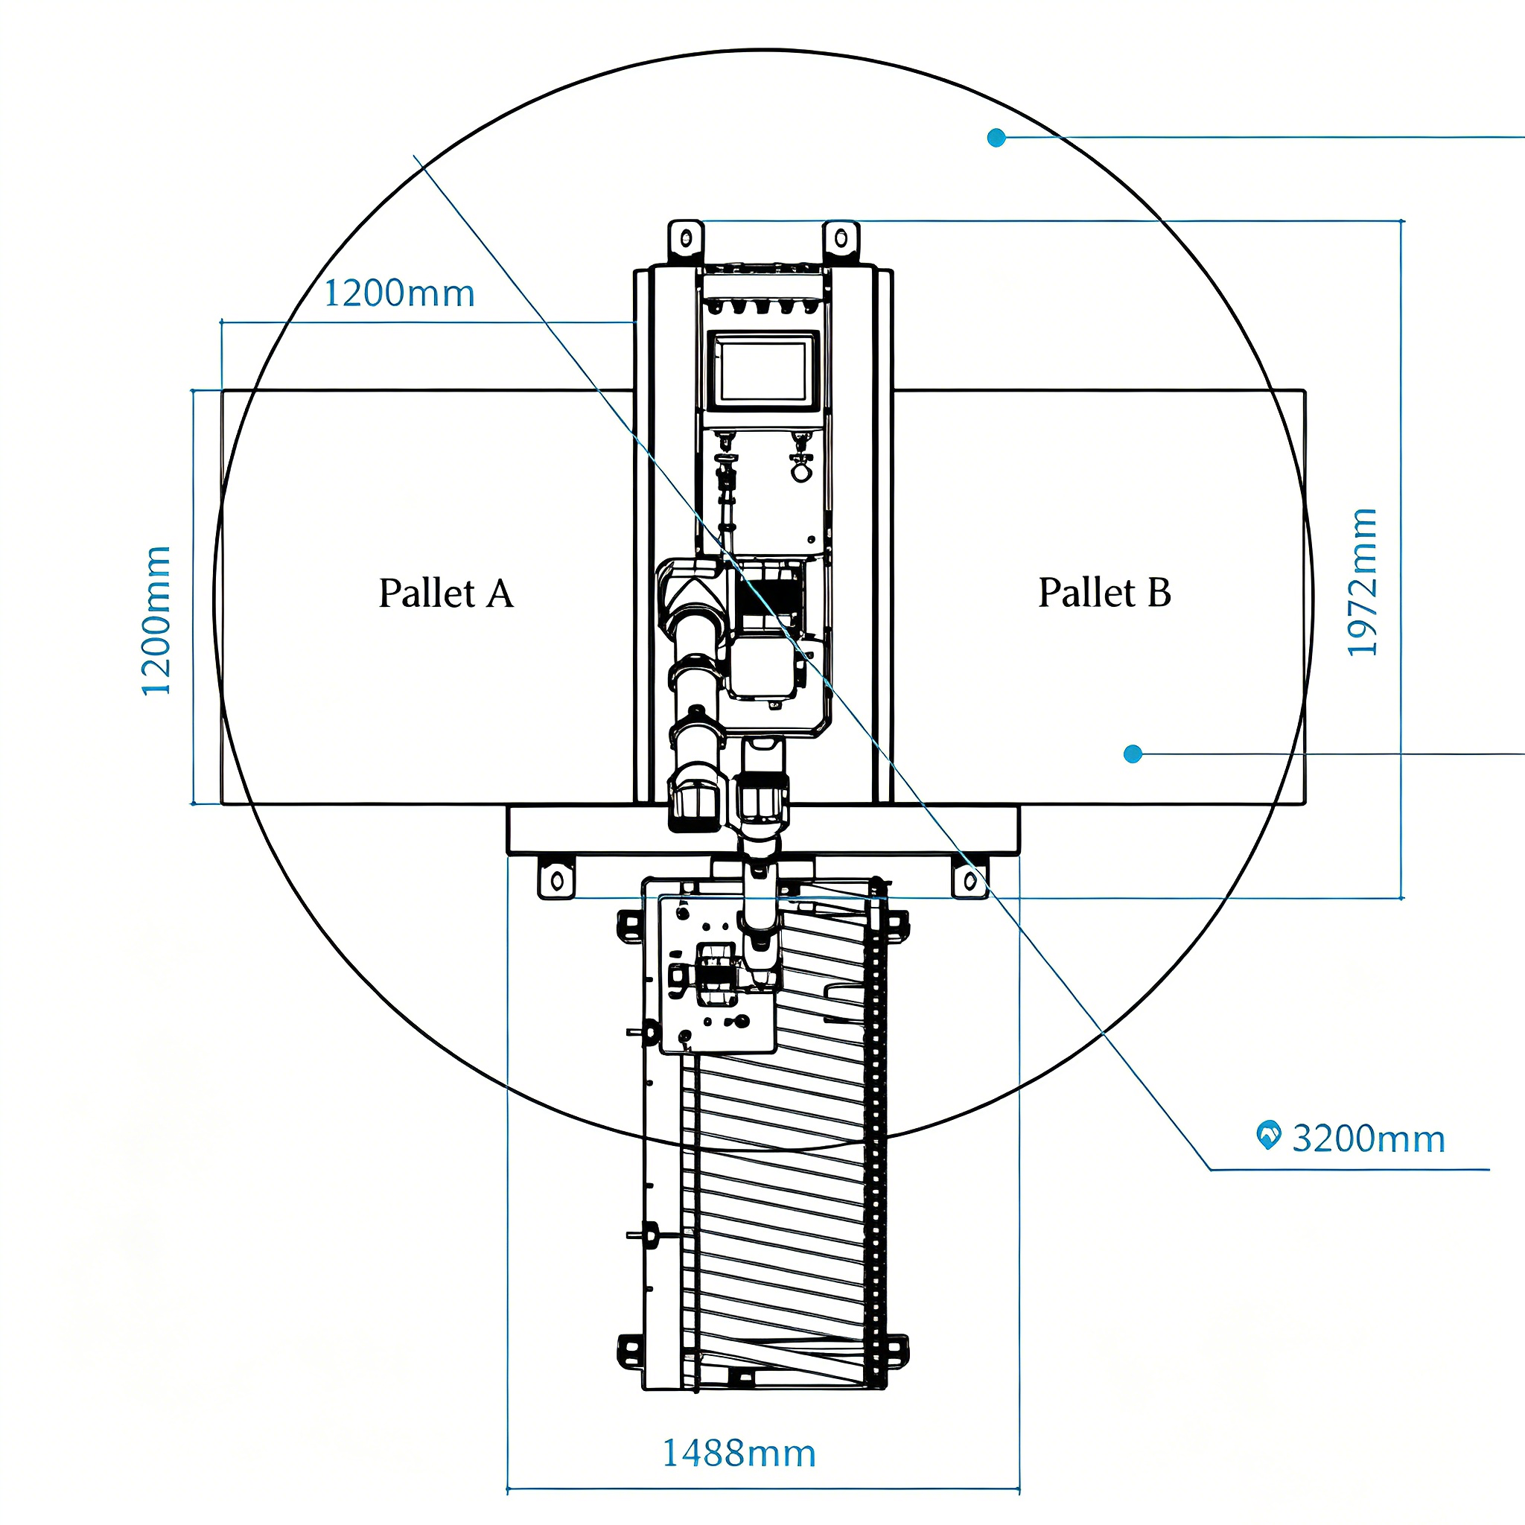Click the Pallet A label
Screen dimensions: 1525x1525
[446, 593]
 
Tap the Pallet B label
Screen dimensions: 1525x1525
[1104, 593]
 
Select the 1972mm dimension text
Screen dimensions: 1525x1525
[1363, 582]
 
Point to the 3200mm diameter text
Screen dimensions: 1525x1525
[1368, 1139]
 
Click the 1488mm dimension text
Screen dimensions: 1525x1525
[738, 1454]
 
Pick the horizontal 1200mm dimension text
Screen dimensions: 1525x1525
[399, 293]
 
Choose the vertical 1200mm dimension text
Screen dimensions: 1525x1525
[156, 620]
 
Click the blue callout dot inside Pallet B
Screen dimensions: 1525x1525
[1133, 754]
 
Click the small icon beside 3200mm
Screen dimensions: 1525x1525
[1267, 1135]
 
